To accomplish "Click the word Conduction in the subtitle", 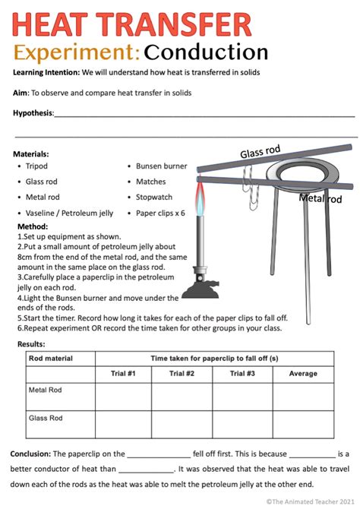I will [x=206, y=52].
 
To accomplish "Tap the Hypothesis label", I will [x=33, y=113].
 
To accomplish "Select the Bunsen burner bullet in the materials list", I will [x=161, y=166].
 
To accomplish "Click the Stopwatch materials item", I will [x=154, y=198].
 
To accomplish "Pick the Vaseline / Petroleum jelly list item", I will [x=69, y=213].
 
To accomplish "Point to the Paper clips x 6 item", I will [x=160, y=213].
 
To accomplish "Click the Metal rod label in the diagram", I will [x=321, y=199].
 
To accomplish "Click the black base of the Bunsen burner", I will [x=204, y=286].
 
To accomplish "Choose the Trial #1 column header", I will [x=123, y=373].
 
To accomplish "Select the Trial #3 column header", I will [x=241, y=373].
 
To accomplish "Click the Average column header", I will [x=302, y=373].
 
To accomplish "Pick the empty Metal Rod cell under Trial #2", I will [x=182, y=396].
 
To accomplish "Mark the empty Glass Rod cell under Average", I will [x=302, y=423].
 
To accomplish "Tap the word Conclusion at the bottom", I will [x=30, y=454].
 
